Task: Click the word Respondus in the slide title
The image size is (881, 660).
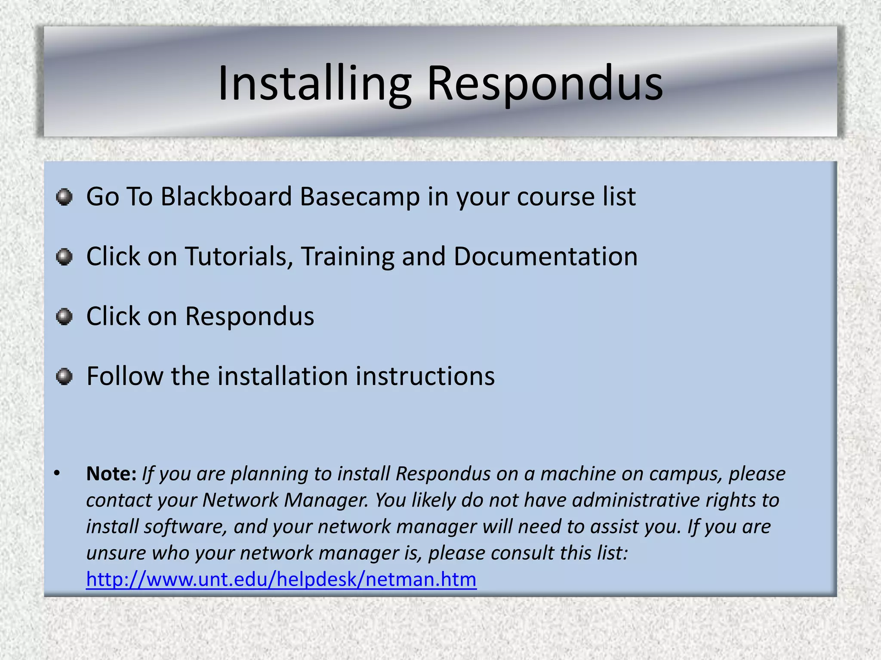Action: (x=545, y=83)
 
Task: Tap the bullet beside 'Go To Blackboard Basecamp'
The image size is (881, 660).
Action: (x=65, y=197)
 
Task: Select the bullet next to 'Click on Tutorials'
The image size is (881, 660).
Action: (x=65, y=257)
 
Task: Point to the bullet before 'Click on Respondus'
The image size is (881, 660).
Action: (x=65, y=317)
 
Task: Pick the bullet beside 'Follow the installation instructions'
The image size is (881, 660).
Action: (x=65, y=376)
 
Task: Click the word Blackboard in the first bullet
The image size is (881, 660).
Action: (x=226, y=197)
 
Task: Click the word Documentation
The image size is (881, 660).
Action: (x=545, y=257)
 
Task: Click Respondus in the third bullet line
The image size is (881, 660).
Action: (x=250, y=317)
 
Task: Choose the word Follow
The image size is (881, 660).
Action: (x=125, y=376)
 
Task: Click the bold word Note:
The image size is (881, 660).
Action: (x=111, y=474)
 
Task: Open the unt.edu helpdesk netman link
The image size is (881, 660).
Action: (x=281, y=579)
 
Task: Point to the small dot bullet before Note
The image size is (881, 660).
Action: (x=57, y=474)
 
